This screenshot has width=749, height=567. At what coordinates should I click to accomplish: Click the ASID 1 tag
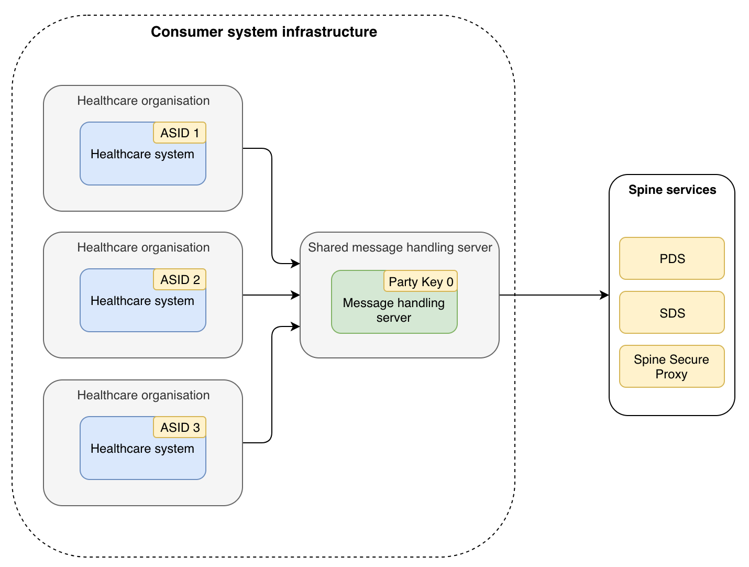click(180, 133)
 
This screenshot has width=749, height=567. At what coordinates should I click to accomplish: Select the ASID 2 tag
click(180, 280)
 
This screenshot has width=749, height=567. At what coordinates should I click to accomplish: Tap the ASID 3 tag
click(180, 428)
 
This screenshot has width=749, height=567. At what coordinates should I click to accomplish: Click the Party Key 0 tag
click(421, 282)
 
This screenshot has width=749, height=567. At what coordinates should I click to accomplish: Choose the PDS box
click(672, 258)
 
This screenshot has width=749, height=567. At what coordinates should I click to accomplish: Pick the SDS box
click(672, 313)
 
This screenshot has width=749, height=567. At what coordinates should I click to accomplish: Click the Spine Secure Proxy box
click(672, 366)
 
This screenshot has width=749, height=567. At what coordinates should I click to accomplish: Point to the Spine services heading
click(672, 190)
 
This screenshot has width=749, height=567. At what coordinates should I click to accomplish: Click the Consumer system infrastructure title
click(264, 32)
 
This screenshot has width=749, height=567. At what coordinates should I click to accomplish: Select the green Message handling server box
click(394, 310)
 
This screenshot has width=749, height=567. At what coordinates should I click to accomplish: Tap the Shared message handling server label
click(400, 247)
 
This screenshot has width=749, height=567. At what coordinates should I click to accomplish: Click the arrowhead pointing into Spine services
click(605, 295)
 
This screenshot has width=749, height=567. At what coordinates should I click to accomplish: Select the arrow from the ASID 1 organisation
click(272, 204)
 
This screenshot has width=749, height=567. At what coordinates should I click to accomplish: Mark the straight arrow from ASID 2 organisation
click(270, 295)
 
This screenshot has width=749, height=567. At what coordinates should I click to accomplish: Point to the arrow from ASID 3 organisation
click(272, 388)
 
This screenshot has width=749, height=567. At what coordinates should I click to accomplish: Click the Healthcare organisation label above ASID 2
click(143, 247)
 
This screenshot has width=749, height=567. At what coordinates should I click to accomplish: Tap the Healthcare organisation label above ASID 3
click(143, 395)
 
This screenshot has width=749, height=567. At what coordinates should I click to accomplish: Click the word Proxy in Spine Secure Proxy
click(671, 374)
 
